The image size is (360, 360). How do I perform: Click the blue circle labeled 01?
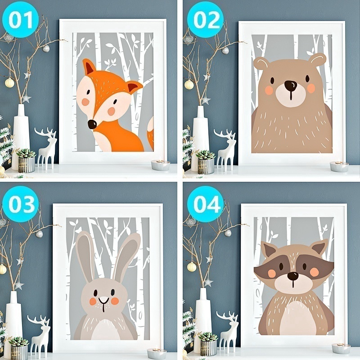(x=20, y=19)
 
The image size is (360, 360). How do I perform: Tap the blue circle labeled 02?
(x=205, y=19)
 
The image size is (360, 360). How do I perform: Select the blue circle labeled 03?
(x=20, y=204)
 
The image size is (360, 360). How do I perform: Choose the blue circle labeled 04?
(x=205, y=204)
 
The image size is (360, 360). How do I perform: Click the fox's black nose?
(x=92, y=124)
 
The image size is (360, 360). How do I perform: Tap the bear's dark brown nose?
(x=290, y=85)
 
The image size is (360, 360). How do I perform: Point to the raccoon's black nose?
(x=293, y=276)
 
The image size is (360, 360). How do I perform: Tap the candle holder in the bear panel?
(x=339, y=166)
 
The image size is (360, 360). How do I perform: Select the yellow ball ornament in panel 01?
(x=9, y=83)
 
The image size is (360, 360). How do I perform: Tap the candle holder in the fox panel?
(x=161, y=165)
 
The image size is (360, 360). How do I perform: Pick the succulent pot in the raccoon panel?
(x=208, y=344)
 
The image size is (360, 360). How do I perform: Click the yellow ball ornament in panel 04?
(x=192, y=267)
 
